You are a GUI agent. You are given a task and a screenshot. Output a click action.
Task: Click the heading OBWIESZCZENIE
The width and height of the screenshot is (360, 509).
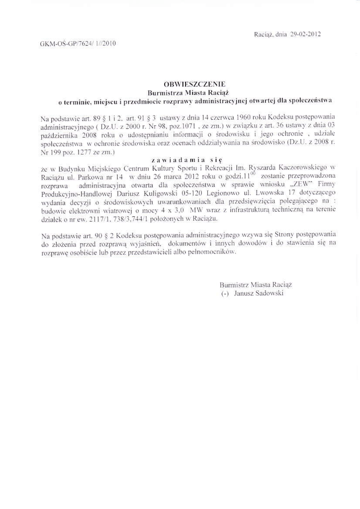click(x=187, y=85)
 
